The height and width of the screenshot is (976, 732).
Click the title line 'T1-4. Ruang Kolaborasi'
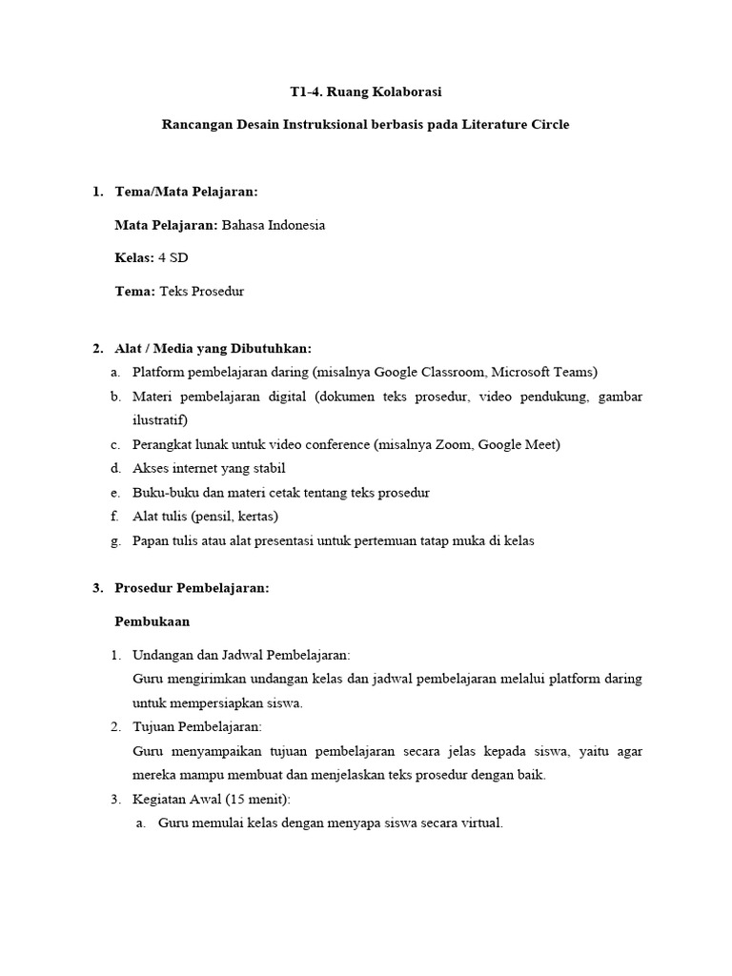tap(366, 92)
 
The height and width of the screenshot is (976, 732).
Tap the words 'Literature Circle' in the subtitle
tap(519, 125)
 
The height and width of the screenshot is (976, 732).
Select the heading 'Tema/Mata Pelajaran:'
tap(186, 192)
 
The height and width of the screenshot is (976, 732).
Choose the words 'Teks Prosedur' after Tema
tap(201, 291)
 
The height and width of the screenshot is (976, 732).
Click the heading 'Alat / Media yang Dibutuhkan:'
tap(213, 348)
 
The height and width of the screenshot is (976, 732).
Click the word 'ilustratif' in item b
tap(158, 419)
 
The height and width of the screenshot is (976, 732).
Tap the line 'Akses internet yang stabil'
tap(209, 468)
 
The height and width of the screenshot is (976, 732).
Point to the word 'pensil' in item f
tap(214, 517)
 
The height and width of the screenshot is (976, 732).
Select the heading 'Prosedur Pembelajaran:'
tap(192, 588)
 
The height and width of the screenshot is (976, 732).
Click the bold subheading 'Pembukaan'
tap(152, 621)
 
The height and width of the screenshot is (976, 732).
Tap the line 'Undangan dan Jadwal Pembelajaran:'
tap(241, 655)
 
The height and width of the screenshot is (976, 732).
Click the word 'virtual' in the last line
tap(479, 823)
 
